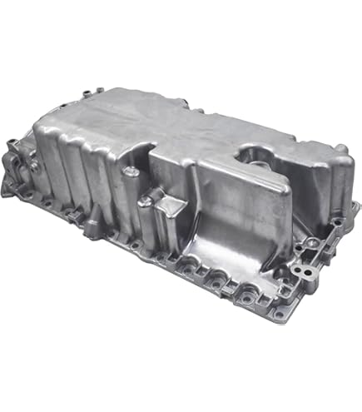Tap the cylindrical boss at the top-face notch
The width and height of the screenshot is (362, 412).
(x=131, y=171)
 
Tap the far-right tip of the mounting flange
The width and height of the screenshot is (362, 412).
(x=350, y=219)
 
